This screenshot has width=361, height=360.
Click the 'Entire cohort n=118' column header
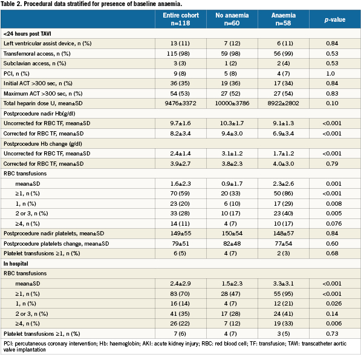(x=181, y=19)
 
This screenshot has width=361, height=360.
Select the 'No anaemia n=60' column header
(x=232, y=19)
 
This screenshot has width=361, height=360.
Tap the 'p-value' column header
(x=335, y=19)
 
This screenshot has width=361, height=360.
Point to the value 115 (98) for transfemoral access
(x=178, y=54)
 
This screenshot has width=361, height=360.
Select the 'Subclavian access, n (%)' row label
(x=34, y=64)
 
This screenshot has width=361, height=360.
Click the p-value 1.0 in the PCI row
(x=330, y=73)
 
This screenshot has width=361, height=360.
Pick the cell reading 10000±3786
(x=232, y=103)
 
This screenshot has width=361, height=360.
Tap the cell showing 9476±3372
(x=180, y=103)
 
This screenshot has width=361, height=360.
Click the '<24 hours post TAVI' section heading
(x=27, y=34)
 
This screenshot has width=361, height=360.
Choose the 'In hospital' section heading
(x=16, y=263)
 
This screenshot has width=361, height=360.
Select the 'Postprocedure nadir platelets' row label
(x=54, y=234)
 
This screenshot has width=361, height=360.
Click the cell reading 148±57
(x=284, y=234)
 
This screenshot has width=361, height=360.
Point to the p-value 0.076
(x=334, y=223)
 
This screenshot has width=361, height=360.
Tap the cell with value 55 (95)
(x=284, y=293)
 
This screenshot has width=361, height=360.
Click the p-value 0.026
(x=334, y=303)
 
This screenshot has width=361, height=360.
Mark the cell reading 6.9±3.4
(x=284, y=133)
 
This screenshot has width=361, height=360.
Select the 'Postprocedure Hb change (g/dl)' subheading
(x=43, y=144)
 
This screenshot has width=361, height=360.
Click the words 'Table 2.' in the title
(x=11, y=4)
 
